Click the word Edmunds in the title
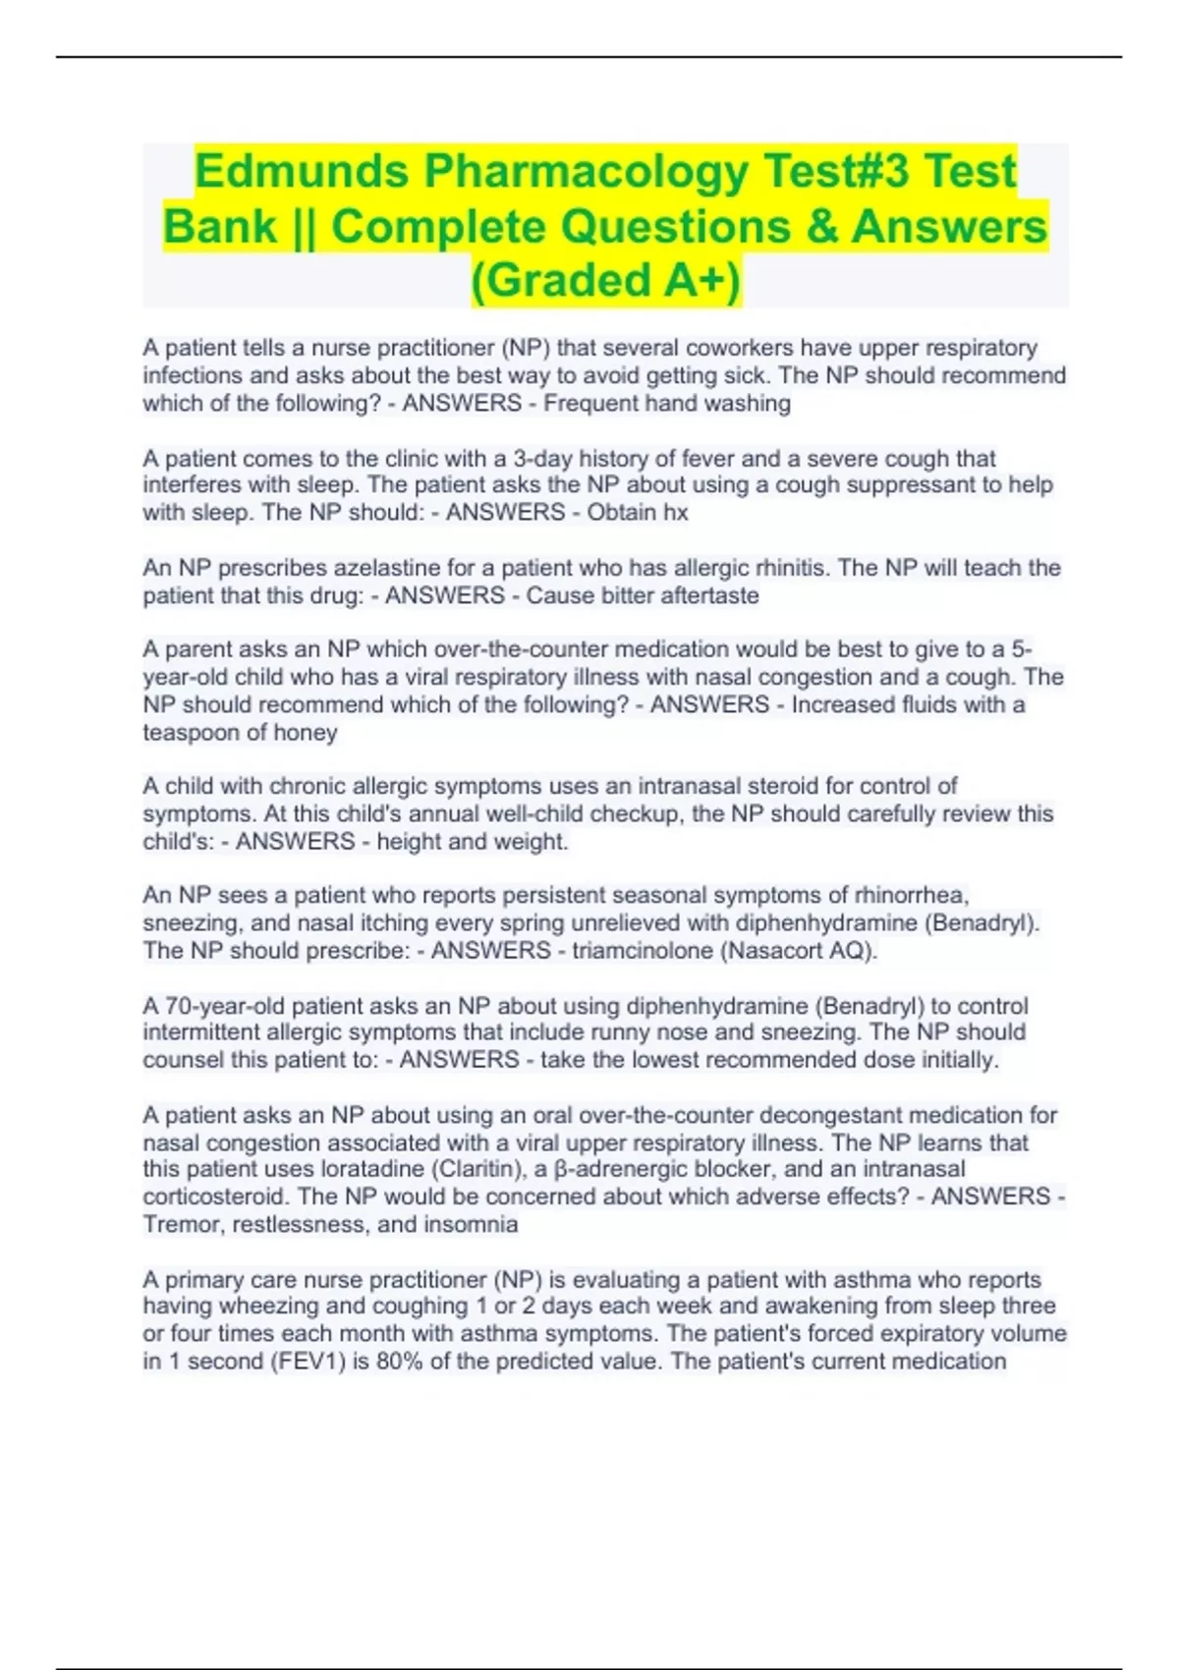click(301, 171)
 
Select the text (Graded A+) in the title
click(606, 280)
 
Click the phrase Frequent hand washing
click(667, 404)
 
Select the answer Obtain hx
click(638, 513)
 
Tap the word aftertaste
click(709, 595)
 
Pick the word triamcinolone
click(641, 951)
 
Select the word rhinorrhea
click(911, 896)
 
